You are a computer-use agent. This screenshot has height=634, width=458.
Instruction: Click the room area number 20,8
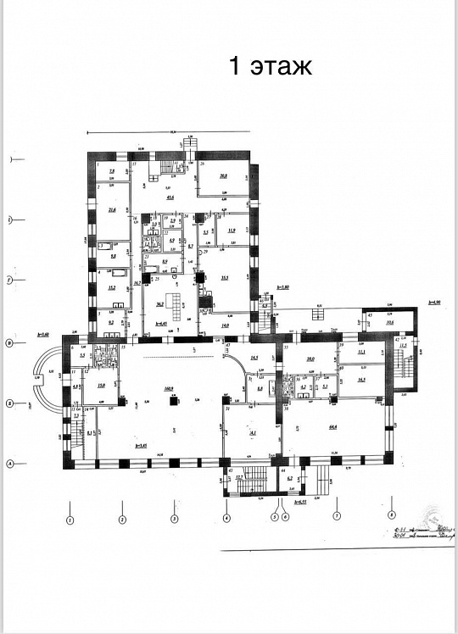tap(223, 176)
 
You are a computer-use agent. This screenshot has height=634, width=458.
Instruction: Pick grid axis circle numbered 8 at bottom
tap(391, 512)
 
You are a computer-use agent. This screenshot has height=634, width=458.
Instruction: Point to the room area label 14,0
tap(225, 325)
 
